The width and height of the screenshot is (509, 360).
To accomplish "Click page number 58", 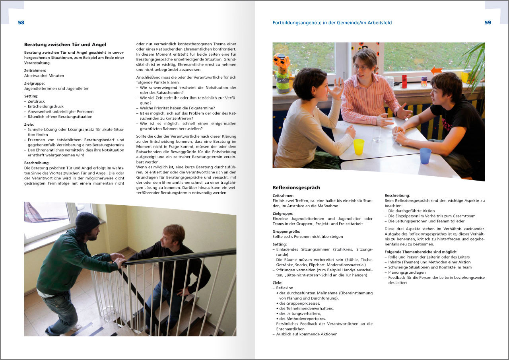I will [21, 23].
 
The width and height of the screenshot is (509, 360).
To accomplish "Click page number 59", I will [488, 23].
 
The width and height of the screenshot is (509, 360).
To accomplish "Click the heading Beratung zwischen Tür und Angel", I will [65, 45].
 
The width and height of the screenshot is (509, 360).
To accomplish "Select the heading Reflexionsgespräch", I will [296, 187].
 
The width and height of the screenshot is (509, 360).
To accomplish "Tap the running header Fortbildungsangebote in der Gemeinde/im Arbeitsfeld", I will [332, 23].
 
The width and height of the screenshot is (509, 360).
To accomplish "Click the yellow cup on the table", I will [359, 146].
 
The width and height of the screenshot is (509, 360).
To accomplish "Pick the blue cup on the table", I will [425, 156].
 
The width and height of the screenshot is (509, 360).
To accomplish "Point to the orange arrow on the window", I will [436, 71].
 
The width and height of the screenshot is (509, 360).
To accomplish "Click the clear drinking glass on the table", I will [376, 134].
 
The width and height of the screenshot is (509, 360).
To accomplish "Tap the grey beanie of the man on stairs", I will [87, 222].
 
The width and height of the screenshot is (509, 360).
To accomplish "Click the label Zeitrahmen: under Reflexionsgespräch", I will [284, 196].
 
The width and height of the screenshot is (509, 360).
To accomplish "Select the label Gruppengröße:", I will [286, 232].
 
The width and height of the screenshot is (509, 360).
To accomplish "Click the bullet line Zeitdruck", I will [36, 101].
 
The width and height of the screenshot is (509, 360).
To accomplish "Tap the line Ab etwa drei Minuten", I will [44, 76].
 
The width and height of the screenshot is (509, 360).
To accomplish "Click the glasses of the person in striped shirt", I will [360, 68].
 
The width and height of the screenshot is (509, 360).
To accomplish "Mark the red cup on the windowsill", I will [404, 81].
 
